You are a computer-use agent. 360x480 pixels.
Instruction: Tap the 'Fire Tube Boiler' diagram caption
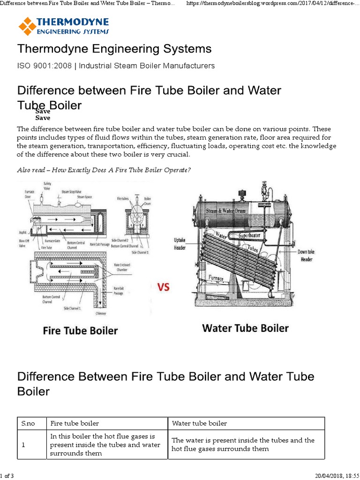pyautogui.click(x=80, y=330)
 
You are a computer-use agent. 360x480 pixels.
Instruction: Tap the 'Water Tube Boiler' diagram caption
pyautogui.click(x=245, y=328)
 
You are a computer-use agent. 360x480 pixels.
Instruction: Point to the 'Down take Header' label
pyautogui.click(x=306, y=255)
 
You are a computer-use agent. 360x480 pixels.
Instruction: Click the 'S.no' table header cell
pyautogui.click(x=29, y=423)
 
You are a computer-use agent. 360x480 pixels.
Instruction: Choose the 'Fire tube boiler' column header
pyautogui.click(x=75, y=423)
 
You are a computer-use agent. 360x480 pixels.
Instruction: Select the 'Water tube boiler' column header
pyautogui.click(x=199, y=423)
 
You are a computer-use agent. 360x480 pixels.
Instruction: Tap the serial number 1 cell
pyautogui.click(x=23, y=444)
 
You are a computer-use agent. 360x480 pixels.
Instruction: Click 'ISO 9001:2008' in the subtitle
pyautogui.click(x=45, y=66)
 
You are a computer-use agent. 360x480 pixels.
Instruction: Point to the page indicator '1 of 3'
pyautogui.click(x=7, y=476)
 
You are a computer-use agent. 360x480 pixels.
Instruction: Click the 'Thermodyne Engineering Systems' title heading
pyautogui.click(x=114, y=49)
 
